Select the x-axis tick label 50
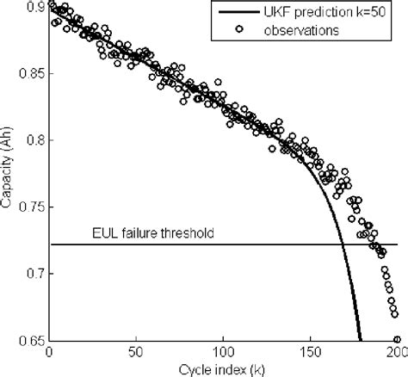[x=136, y=352]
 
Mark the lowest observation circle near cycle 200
[x=397, y=339]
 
